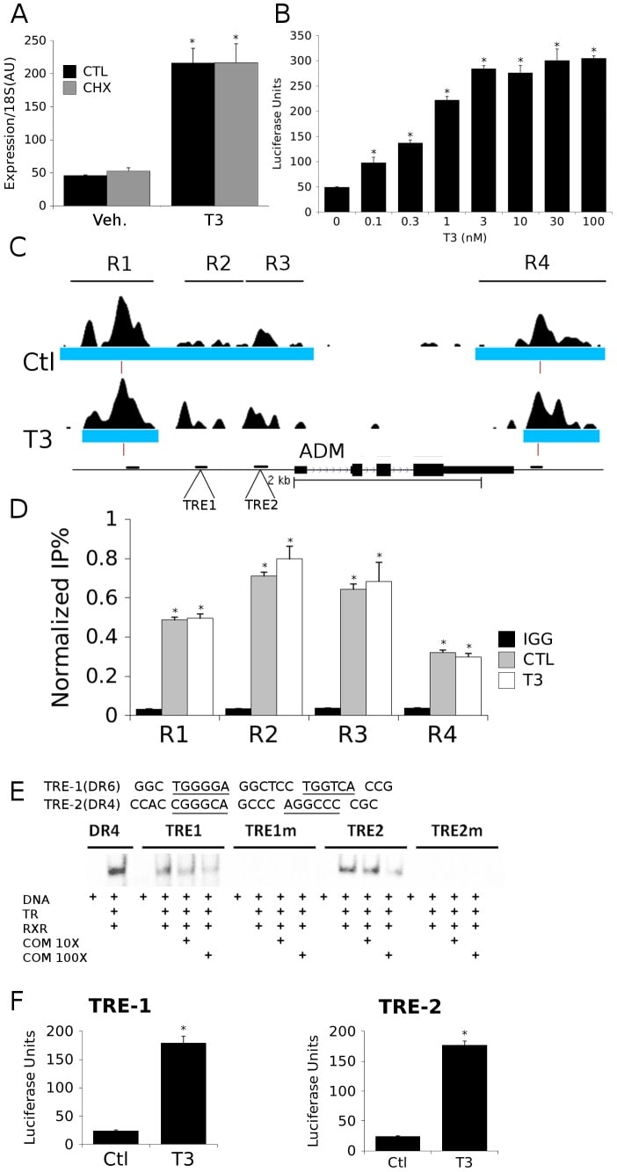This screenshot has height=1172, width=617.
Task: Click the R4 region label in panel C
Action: click(540, 263)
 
